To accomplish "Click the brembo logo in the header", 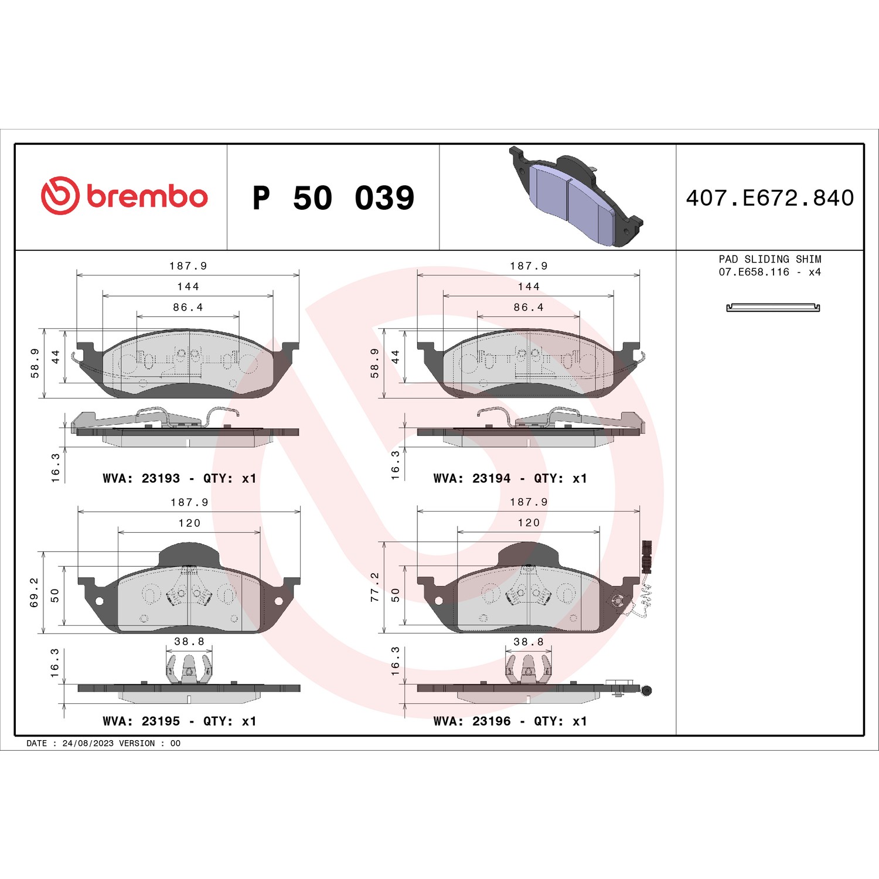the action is (124, 196).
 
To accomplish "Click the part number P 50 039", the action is (333, 197).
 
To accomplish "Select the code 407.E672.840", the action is (770, 198).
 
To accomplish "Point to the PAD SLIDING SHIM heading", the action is (770, 259).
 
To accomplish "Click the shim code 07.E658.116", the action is (754, 272).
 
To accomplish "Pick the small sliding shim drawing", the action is (773, 308).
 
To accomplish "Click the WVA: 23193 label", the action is (141, 478).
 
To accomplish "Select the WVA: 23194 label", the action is (472, 478).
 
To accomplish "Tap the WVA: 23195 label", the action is (141, 721).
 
